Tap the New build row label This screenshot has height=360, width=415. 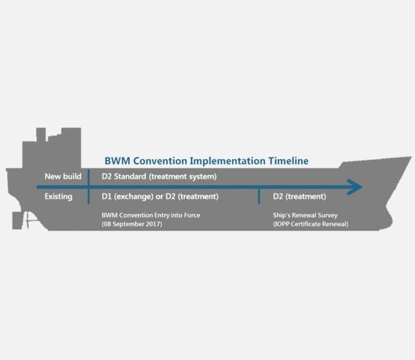(x=63, y=176)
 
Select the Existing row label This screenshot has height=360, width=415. (x=58, y=196)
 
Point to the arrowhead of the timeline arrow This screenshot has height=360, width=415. (x=355, y=187)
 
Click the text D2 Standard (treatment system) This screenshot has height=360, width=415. (x=159, y=176)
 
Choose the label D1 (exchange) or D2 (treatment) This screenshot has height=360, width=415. (x=160, y=196)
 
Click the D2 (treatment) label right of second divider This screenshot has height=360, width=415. (x=299, y=196)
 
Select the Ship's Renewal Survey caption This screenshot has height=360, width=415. (x=305, y=215)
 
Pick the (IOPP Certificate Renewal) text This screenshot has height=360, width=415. (x=311, y=224)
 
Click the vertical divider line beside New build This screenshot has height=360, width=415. (x=88, y=185)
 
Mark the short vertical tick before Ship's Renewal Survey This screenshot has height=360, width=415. (x=259, y=196)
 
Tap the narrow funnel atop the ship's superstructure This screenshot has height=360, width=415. (x=41, y=134)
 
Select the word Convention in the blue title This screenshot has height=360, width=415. (x=159, y=161)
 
